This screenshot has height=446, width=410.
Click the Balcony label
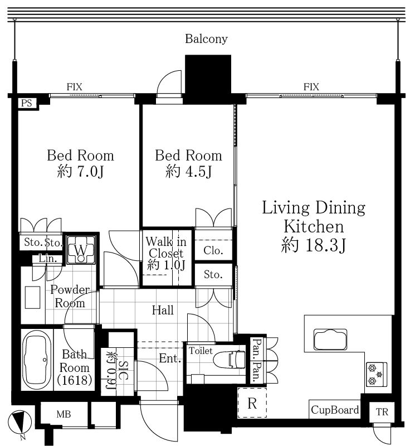(206, 39)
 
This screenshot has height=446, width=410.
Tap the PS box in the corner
(27, 103)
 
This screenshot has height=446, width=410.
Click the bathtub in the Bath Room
(37, 360)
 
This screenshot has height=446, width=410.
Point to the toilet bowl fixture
(229, 359)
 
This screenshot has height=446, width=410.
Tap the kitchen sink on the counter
(330, 340)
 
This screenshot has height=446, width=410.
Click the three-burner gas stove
(376, 374)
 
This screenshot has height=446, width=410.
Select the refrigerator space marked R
(252, 403)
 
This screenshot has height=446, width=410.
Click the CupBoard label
(335, 410)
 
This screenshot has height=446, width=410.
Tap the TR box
(382, 412)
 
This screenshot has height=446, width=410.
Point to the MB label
(64, 414)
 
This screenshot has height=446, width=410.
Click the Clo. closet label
(213, 250)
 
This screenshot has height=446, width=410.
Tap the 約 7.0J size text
(80, 171)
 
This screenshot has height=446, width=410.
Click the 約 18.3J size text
(314, 245)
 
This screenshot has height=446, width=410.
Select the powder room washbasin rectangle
(32, 298)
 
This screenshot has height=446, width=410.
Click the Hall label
(163, 310)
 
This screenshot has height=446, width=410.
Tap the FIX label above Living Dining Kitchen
(311, 87)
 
